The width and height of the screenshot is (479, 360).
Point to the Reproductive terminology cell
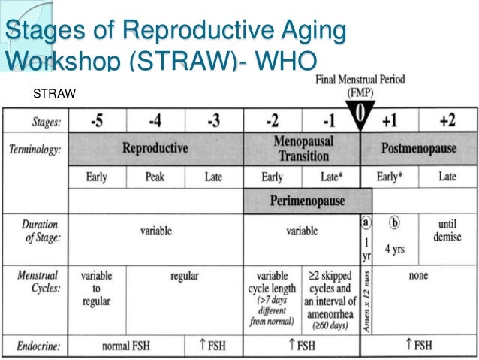(x=155, y=148)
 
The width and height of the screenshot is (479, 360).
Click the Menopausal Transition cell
(x=302, y=148)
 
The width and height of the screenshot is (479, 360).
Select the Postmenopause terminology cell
(x=418, y=148)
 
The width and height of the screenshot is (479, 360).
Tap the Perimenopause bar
(x=307, y=201)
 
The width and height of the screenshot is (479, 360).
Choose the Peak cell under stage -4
(x=155, y=177)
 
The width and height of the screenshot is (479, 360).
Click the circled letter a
(x=366, y=223)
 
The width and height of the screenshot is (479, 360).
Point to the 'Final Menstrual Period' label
(x=360, y=77)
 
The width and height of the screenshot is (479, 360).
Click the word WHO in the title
(x=286, y=59)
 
